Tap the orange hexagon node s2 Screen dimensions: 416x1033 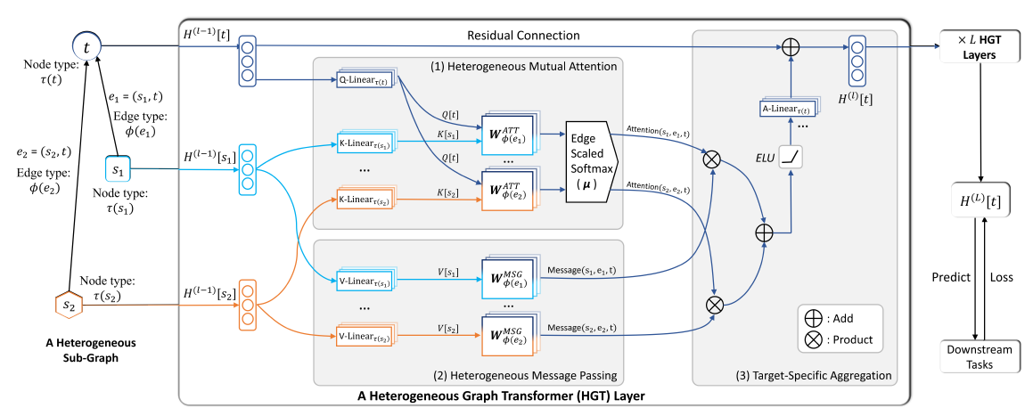click(68, 305)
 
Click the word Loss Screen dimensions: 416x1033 click(1003, 277)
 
